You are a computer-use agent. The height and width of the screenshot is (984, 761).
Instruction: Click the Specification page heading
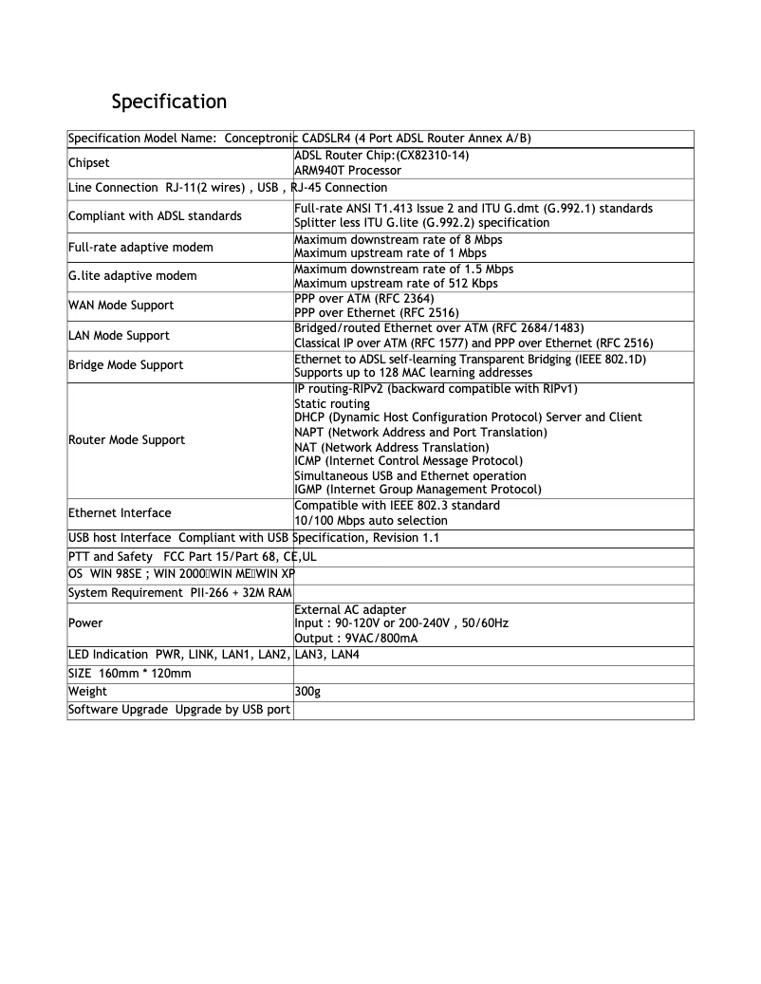tap(169, 101)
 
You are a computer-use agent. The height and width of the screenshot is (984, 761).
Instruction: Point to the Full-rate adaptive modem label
tap(140, 247)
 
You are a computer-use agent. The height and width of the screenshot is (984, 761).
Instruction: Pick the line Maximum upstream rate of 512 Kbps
tap(396, 284)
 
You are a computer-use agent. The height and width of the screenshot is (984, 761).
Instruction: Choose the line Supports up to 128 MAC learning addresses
tap(413, 372)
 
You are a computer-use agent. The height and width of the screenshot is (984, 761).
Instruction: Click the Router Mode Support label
tap(127, 439)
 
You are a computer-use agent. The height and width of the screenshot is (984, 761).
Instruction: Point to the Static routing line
tap(332, 403)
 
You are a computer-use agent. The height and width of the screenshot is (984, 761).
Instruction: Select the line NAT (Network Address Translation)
tap(392, 447)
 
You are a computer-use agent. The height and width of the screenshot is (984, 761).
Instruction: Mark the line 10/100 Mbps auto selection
tap(378, 520)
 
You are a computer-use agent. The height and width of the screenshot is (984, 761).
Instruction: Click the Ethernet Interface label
tap(120, 512)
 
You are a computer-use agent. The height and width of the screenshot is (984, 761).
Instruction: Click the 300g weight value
tap(308, 692)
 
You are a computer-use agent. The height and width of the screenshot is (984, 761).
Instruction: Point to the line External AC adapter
tap(351, 609)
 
